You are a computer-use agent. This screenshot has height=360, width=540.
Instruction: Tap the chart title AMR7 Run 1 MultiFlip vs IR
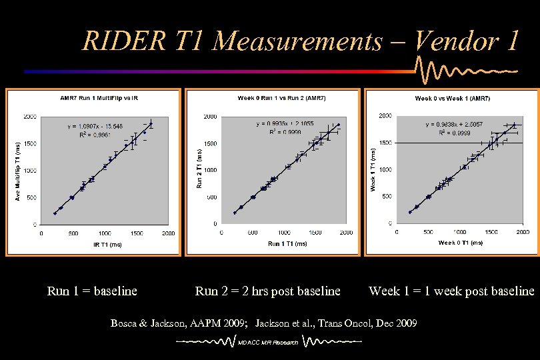[99, 98]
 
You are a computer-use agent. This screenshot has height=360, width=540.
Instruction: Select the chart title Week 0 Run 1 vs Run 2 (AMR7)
[272, 98]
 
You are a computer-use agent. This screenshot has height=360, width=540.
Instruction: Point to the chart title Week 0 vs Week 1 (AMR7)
[452, 98]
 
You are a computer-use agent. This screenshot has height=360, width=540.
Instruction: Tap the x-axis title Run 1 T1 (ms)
[287, 244]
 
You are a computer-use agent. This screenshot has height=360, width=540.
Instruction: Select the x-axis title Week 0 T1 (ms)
[461, 243]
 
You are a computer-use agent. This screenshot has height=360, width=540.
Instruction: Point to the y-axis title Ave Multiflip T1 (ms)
[17, 171]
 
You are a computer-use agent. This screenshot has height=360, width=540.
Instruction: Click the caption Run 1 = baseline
[92, 291]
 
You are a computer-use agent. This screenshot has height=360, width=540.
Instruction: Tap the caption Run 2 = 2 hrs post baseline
[267, 291]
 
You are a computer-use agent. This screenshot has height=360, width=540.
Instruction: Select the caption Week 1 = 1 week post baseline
[451, 291]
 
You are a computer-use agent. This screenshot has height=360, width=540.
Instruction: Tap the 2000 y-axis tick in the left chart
[30, 117]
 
